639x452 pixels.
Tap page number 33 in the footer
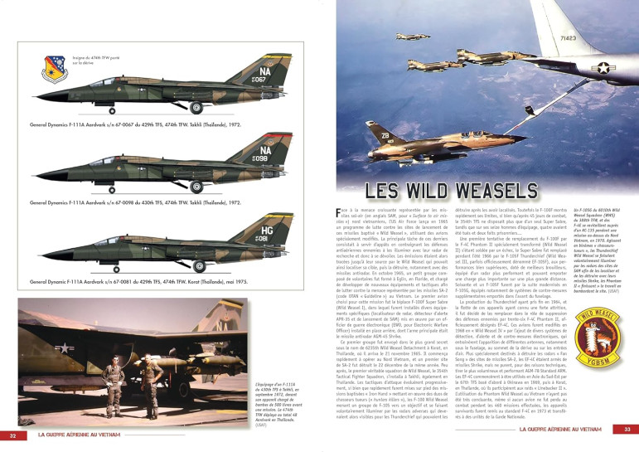click(627, 429)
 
